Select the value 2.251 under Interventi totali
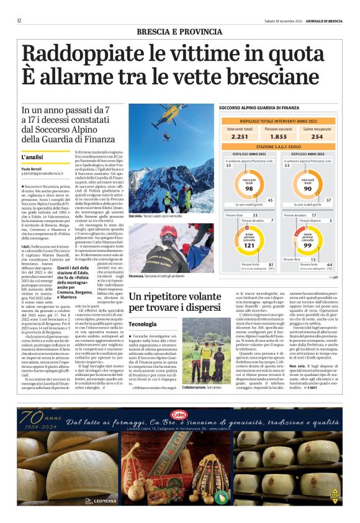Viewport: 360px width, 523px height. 239,136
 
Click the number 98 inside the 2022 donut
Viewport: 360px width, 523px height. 249,187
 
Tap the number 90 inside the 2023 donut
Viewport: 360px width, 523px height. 307,187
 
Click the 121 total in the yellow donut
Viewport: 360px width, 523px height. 249,246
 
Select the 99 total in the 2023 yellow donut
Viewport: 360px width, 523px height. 307,246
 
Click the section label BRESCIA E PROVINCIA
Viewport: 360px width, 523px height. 179,31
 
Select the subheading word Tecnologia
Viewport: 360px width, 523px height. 143,324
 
